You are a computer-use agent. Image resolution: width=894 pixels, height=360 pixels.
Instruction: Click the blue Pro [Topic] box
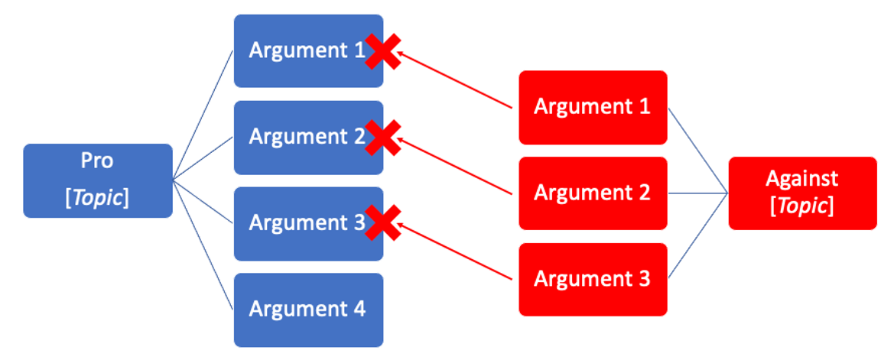[98, 180]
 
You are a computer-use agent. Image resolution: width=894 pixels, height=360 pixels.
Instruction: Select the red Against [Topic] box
[802, 193]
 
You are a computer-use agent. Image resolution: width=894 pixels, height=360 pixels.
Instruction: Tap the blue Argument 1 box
[298, 50]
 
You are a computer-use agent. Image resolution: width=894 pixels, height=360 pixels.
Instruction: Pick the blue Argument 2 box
[298, 137]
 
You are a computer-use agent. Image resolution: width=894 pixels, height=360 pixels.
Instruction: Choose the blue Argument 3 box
[298, 223]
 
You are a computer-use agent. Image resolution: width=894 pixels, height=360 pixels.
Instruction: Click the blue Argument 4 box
[307, 310]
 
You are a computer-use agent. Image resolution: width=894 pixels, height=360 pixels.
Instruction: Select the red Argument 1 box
[593, 107]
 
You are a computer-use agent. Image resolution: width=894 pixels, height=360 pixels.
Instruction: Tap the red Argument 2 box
[593, 193]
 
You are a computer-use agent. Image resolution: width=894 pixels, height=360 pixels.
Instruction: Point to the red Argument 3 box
[593, 279]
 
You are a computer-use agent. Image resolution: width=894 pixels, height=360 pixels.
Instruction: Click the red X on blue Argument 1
[382, 51]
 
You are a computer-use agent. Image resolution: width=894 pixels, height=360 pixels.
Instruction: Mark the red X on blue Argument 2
[382, 138]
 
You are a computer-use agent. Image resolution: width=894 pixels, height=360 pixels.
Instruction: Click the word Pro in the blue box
[97, 161]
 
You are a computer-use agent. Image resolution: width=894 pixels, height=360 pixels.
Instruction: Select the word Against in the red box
[801, 179]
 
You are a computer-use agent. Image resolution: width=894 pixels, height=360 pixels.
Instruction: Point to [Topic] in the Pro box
[97, 198]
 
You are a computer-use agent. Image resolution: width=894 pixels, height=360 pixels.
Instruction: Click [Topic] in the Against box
[801, 206]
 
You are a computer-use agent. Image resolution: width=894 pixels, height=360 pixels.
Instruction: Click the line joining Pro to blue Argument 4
[203, 245]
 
